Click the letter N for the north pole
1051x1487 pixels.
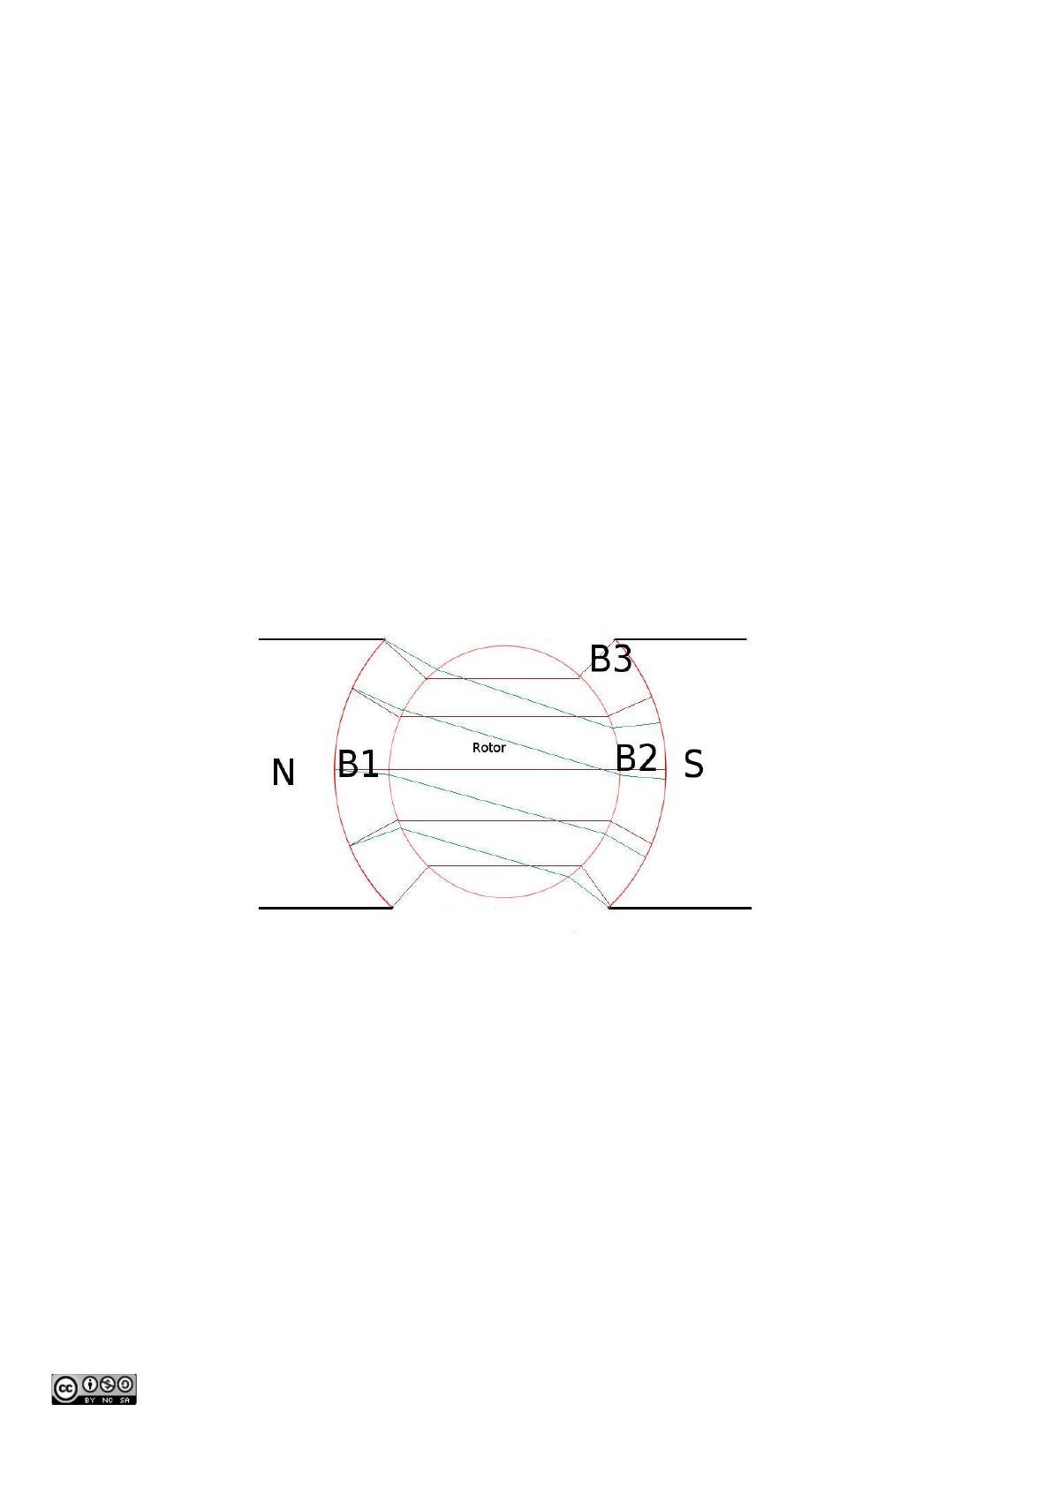(x=284, y=772)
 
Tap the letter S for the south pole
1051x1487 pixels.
(x=693, y=764)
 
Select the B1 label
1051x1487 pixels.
(x=358, y=764)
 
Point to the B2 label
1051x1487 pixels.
(x=636, y=758)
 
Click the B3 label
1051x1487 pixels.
(x=611, y=660)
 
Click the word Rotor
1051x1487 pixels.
(x=488, y=748)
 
